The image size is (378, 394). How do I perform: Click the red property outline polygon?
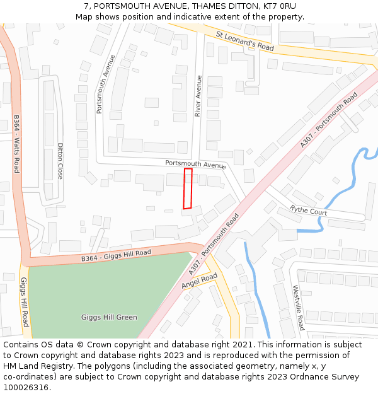tap(187, 188)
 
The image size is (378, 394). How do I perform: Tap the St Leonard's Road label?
tap(245, 41)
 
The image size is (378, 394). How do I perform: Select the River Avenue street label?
tap(198, 96)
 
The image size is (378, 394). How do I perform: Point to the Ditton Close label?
tap(60, 161)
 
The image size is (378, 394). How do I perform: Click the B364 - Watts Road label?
tap(17, 144)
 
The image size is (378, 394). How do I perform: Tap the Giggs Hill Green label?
tap(109, 317)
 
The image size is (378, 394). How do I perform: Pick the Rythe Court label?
tap(308, 210)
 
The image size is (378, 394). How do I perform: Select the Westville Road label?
tap(298, 308)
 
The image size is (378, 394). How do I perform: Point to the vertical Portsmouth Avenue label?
tap(105, 84)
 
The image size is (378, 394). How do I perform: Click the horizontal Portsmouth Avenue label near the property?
tap(195, 164)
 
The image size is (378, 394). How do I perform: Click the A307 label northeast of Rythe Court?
tap(329, 120)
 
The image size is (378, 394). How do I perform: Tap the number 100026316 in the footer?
tap(26, 387)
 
